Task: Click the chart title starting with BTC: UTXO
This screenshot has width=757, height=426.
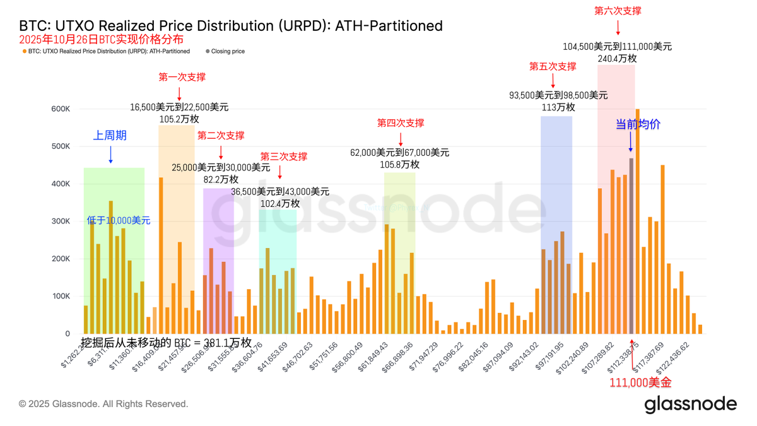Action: pos(231,26)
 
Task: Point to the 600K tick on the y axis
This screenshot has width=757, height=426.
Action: pos(61,109)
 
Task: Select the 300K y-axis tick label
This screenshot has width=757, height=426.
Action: pos(61,222)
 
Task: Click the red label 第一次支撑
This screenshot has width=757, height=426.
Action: pos(182,77)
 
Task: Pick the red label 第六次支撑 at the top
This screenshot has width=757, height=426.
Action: pos(618,11)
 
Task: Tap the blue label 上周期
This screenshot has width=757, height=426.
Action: pos(110,136)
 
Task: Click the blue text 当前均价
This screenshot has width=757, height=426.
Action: pos(638,124)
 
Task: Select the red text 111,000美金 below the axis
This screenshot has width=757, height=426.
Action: pos(640,382)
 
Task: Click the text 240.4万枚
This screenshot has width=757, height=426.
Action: pos(617,58)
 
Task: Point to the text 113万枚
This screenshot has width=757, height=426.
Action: pos(558,107)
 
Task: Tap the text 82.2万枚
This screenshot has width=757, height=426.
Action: pos(220,180)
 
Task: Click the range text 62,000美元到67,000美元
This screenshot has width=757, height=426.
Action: pos(400,153)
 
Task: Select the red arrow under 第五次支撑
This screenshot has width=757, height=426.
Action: pos(553,81)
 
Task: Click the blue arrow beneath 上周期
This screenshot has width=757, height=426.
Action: pos(110,155)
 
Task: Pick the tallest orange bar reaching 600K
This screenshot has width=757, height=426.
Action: pos(638,221)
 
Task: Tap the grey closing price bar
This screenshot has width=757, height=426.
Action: pos(631,246)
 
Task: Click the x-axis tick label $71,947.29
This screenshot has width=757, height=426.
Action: pos(425,357)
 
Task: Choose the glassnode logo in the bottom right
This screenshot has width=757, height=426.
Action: pos(690,404)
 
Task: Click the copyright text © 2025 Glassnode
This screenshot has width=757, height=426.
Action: pos(103,404)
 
